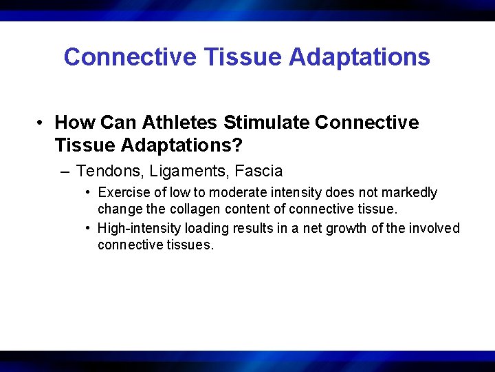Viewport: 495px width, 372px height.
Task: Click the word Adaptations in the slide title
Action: point(360,57)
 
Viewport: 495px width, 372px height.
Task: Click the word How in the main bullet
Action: point(75,123)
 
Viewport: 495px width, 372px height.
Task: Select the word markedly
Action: point(411,193)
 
